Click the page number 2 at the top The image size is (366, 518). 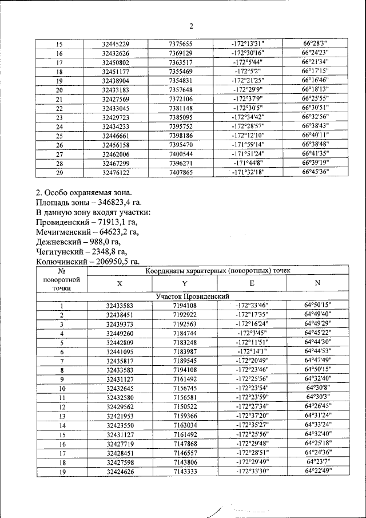(192, 26)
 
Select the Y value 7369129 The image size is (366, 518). (180, 53)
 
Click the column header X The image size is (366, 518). (120, 283)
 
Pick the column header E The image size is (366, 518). (252, 283)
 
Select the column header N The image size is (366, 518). (317, 283)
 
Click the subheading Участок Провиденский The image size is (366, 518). (193, 296)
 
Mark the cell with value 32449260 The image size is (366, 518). (120, 333)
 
